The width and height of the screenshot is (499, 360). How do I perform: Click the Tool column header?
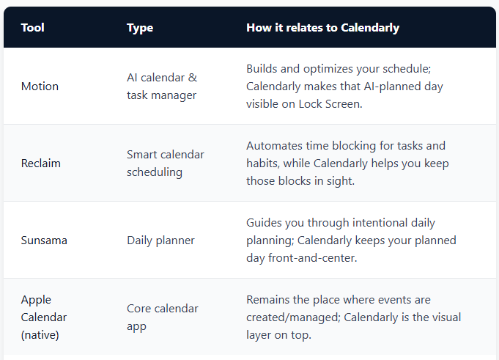[32, 28]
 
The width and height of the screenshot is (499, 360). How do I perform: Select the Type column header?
[139, 28]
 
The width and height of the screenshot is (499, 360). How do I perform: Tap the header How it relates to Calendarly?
[322, 28]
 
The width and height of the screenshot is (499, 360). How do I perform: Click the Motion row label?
[40, 87]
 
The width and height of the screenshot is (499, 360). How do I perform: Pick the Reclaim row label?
[41, 163]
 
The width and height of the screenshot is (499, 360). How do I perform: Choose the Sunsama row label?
[44, 240]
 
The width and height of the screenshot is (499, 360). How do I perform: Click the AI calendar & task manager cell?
[162, 87]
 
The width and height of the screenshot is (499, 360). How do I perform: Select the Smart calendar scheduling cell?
[166, 163]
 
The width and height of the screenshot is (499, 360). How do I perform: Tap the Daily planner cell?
[162, 240]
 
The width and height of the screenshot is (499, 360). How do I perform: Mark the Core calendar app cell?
[163, 317]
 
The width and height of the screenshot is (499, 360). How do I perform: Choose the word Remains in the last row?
[269, 300]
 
